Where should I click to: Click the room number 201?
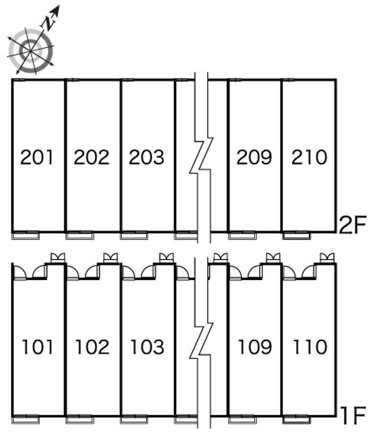(x=37, y=157)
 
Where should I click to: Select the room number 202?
(x=91, y=157)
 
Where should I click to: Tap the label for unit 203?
(x=146, y=157)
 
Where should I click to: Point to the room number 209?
(x=254, y=157)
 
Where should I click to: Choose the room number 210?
(x=309, y=157)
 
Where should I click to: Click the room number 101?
(x=37, y=347)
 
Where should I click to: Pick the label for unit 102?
(x=92, y=347)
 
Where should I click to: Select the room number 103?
(x=147, y=347)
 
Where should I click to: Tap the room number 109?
(x=254, y=347)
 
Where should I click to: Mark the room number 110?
(x=309, y=347)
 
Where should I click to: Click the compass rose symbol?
(x=31, y=51)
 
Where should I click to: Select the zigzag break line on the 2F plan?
(x=202, y=156)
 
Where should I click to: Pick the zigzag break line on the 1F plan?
(x=202, y=343)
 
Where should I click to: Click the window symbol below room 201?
(x=26, y=235)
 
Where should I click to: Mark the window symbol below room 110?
(x=297, y=419)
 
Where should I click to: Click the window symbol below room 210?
(x=297, y=235)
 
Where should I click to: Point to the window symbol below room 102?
(x=80, y=419)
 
